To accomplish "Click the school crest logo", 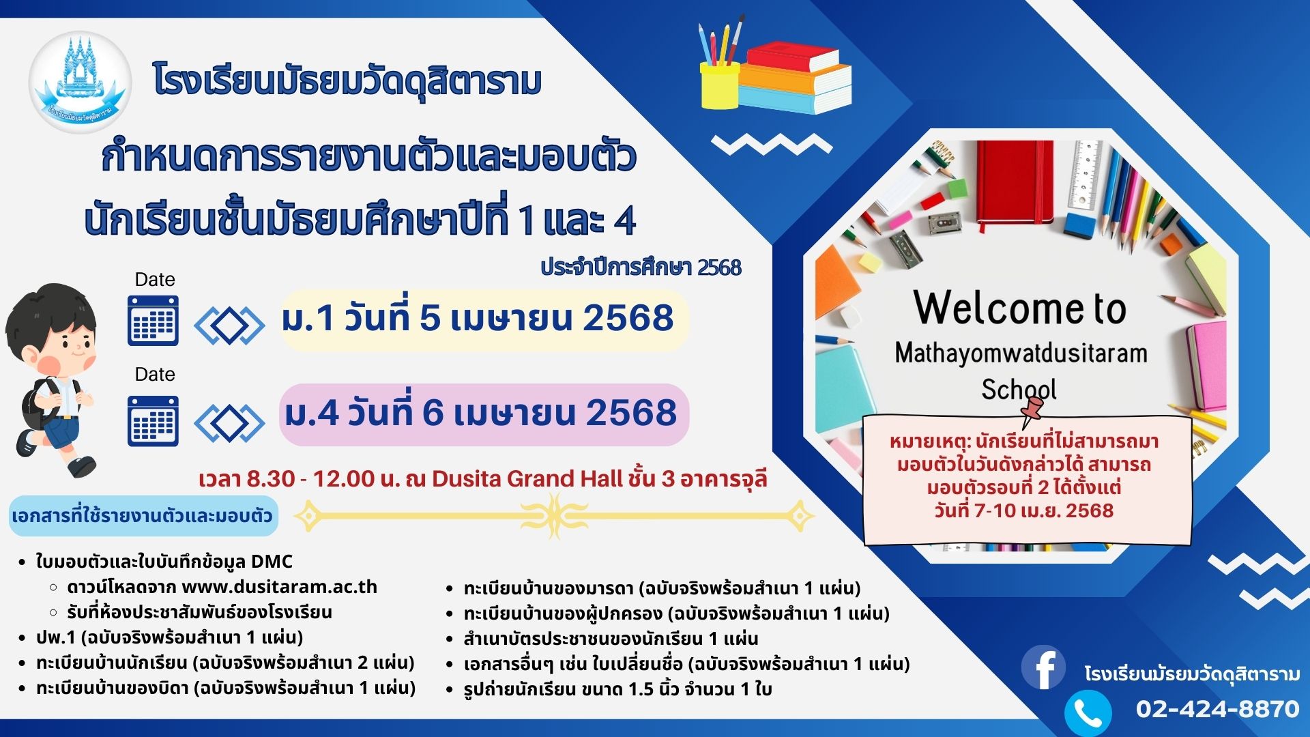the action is coord(80,83).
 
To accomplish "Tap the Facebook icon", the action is coord(1043,667).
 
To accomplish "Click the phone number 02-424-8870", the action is coord(1218,709).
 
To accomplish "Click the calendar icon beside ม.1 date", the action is coord(154,321).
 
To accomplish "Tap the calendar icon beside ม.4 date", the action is coord(154,421).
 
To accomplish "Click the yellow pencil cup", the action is coord(720,85).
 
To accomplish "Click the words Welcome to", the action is coord(1020,308).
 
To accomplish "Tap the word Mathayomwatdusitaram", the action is coord(1021,353).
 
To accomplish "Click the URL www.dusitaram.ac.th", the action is coord(280,587).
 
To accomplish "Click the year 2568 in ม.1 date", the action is coord(628,319).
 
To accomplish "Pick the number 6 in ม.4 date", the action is coord(433,413).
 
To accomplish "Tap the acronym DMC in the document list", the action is coord(272,562).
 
